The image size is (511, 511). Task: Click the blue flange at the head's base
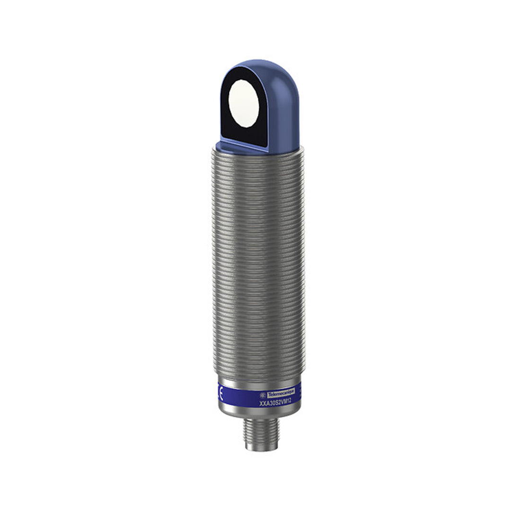(x=246, y=148)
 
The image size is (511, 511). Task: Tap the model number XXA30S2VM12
(x=275, y=403)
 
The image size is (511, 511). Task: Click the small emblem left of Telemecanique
(x=263, y=395)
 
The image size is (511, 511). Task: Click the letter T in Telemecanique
(x=269, y=394)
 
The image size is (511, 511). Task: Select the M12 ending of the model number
(x=286, y=402)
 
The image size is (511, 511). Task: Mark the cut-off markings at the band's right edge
(x=300, y=394)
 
